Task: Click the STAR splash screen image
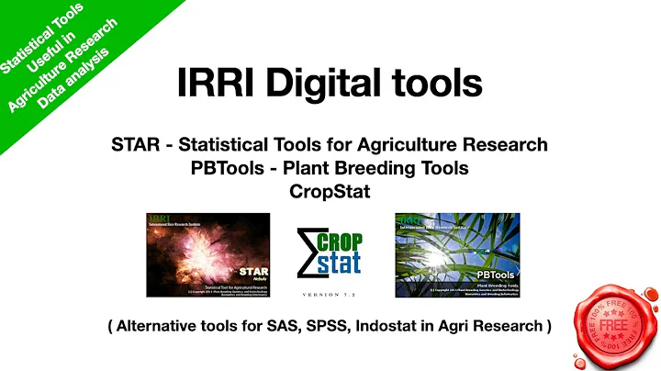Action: point(208,255)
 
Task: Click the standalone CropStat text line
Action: point(330,192)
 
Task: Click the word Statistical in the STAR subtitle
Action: point(221,145)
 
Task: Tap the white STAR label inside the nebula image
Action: point(252,272)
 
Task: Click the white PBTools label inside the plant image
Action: point(496,274)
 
